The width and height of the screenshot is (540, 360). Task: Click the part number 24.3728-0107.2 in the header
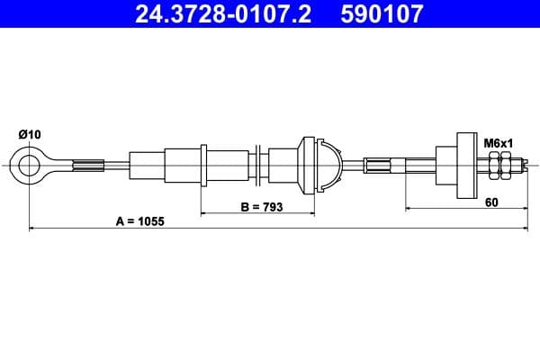pos(221,14)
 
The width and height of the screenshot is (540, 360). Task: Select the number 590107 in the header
pos(379,14)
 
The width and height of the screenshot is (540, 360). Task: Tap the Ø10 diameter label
pos(30,135)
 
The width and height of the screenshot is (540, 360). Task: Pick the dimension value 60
pos(490,202)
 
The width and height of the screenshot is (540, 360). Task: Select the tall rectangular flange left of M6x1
pos(466,165)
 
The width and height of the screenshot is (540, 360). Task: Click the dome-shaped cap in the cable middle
pos(328,165)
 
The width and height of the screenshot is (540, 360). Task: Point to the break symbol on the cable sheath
pos(258,165)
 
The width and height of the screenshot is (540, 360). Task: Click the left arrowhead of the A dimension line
pos(33,229)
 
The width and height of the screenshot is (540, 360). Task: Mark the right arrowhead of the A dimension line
pos(521,229)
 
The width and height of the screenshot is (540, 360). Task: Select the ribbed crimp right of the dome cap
pos(378,165)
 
